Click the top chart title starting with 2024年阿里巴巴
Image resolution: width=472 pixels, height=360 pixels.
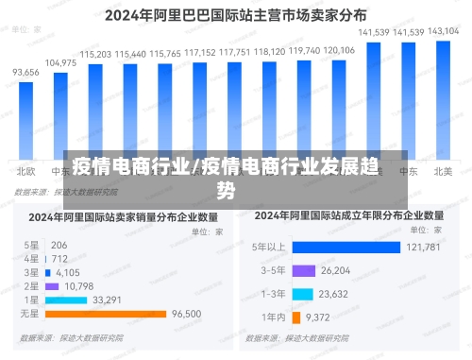tap(236, 15)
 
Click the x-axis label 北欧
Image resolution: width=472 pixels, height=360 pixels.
tap(25, 171)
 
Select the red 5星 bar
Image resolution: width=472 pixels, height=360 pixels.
tap(45, 245)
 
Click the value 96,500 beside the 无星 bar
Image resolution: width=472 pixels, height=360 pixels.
tap(187, 314)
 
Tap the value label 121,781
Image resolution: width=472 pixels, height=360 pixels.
tap(423, 248)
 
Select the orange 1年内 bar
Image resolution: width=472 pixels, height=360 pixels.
tap(296, 317)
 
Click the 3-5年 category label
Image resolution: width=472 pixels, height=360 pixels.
tap(274, 271)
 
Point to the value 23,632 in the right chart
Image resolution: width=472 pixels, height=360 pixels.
tap(338, 294)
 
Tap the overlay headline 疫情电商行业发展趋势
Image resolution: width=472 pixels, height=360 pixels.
tap(226, 176)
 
